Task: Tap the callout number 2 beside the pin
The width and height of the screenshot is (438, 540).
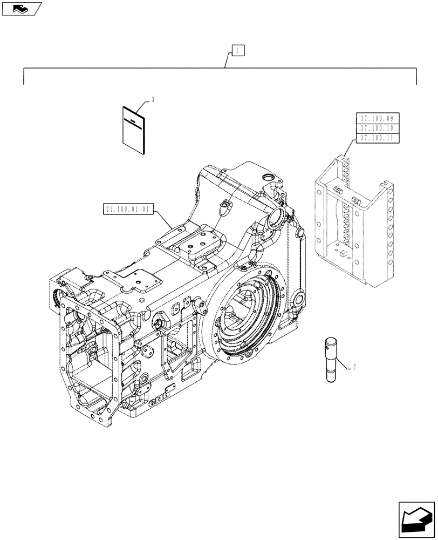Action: [353, 368]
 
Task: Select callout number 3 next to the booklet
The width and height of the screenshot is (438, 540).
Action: [154, 100]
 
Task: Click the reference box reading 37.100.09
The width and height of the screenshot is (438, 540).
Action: [377, 118]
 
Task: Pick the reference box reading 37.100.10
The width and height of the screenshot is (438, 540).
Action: [377, 128]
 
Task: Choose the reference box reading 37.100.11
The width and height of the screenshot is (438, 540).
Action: [377, 138]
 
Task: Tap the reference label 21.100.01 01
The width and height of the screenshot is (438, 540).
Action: [128, 208]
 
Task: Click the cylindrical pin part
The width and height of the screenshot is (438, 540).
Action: [331, 360]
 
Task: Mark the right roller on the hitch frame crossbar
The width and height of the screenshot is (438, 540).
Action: [356, 201]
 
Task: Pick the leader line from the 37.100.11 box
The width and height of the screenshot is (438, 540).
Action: [348, 148]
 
